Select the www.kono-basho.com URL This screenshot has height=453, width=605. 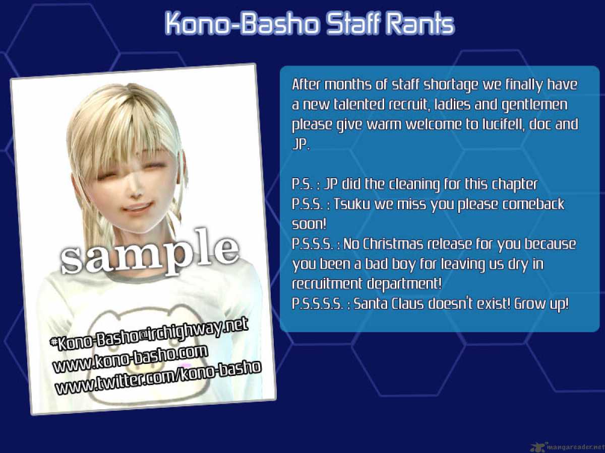tap(130, 359)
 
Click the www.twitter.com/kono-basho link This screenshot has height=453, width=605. tap(158, 378)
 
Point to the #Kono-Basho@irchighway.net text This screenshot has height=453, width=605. tap(149, 334)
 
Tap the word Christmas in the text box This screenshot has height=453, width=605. tap(393, 244)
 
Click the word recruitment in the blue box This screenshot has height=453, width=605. tap(327, 284)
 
